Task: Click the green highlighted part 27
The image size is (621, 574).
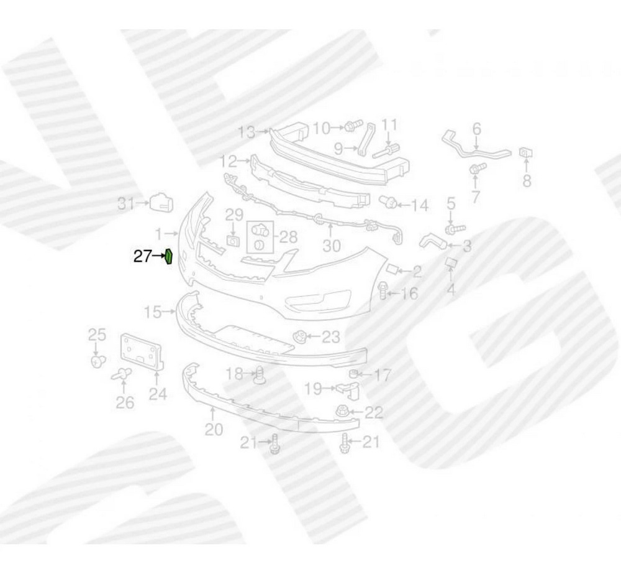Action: tap(168, 256)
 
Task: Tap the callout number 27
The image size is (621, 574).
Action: tap(142, 257)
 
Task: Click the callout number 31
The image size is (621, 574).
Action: tap(126, 204)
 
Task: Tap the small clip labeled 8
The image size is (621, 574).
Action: tap(527, 153)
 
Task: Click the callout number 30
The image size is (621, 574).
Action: tap(332, 246)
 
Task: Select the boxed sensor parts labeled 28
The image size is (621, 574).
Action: tap(260, 237)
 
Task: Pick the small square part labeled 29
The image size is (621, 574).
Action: tap(233, 241)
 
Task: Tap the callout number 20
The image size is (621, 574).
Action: tap(214, 429)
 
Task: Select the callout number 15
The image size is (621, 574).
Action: tap(153, 312)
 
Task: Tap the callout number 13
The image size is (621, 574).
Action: tap(247, 132)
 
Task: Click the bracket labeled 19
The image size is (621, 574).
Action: tap(349, 391)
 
